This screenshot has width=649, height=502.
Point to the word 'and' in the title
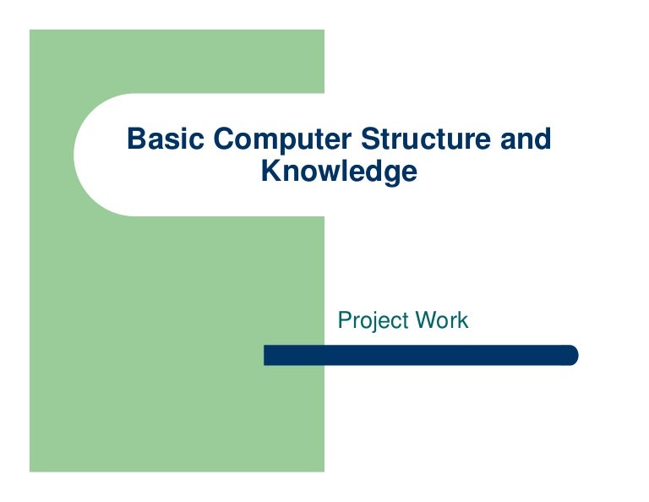tap(525, 138)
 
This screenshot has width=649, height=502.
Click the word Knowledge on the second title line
tap(339, 172)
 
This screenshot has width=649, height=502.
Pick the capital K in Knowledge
tap(270, 171)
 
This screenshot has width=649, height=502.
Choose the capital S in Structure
tap(369, 138)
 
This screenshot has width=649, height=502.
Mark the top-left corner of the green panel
tap(31, 31)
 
